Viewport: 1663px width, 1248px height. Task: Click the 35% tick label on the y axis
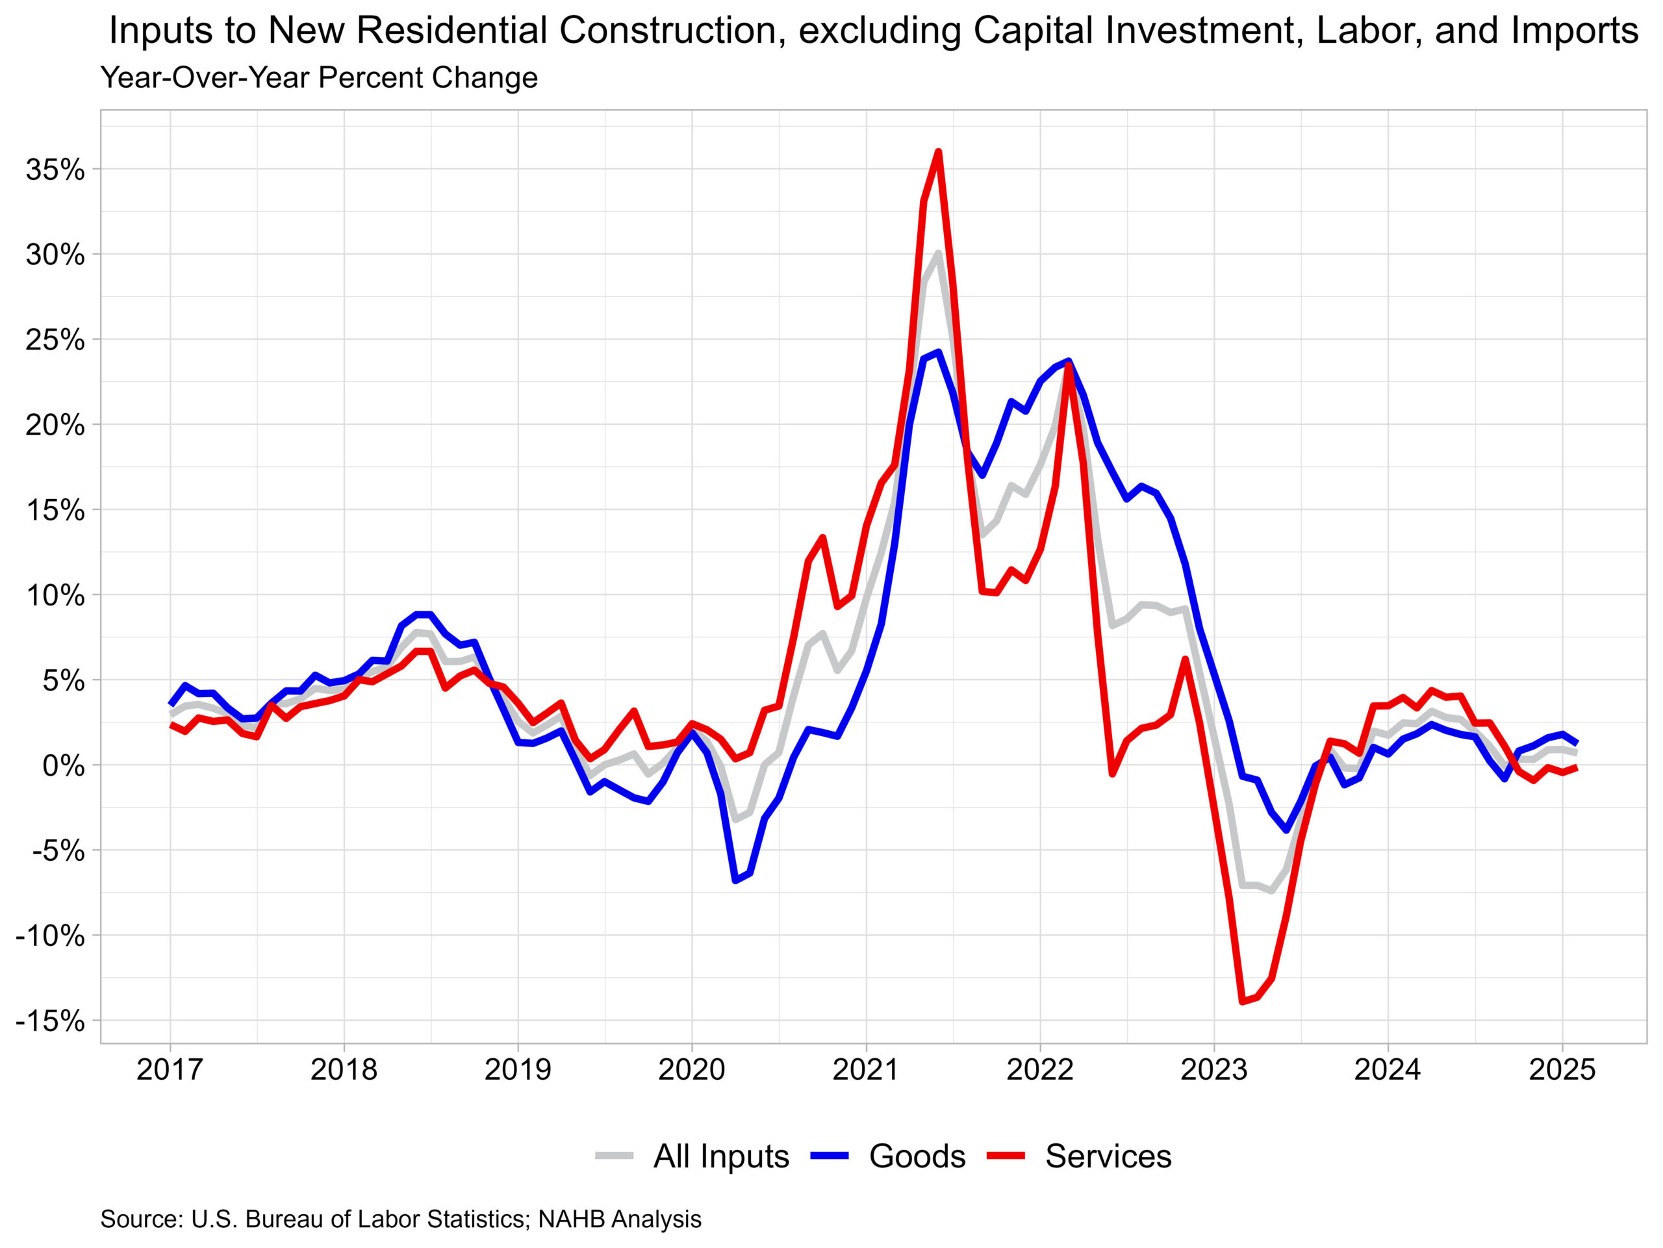(55, 170)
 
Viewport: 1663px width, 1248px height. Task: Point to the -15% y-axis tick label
(49, 1022)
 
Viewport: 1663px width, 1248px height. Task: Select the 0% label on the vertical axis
(63, 766)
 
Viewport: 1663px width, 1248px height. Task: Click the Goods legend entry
(917, 1156)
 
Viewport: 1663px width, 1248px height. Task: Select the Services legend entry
(1108, 1156)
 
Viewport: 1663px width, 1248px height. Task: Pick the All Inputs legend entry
(720, 1156)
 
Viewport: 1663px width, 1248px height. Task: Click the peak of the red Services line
(938, 152)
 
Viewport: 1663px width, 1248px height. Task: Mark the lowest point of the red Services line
(1242, 1002)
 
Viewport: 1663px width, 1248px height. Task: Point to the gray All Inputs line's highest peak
(938, 253)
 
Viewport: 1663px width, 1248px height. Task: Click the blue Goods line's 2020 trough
(735, 880)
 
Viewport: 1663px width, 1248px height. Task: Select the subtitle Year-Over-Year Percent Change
(319, 77)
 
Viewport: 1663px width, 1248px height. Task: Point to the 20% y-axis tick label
(55, 426)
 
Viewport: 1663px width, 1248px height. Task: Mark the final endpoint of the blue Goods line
(1576, 743)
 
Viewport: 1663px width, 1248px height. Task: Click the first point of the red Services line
(171, 725)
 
